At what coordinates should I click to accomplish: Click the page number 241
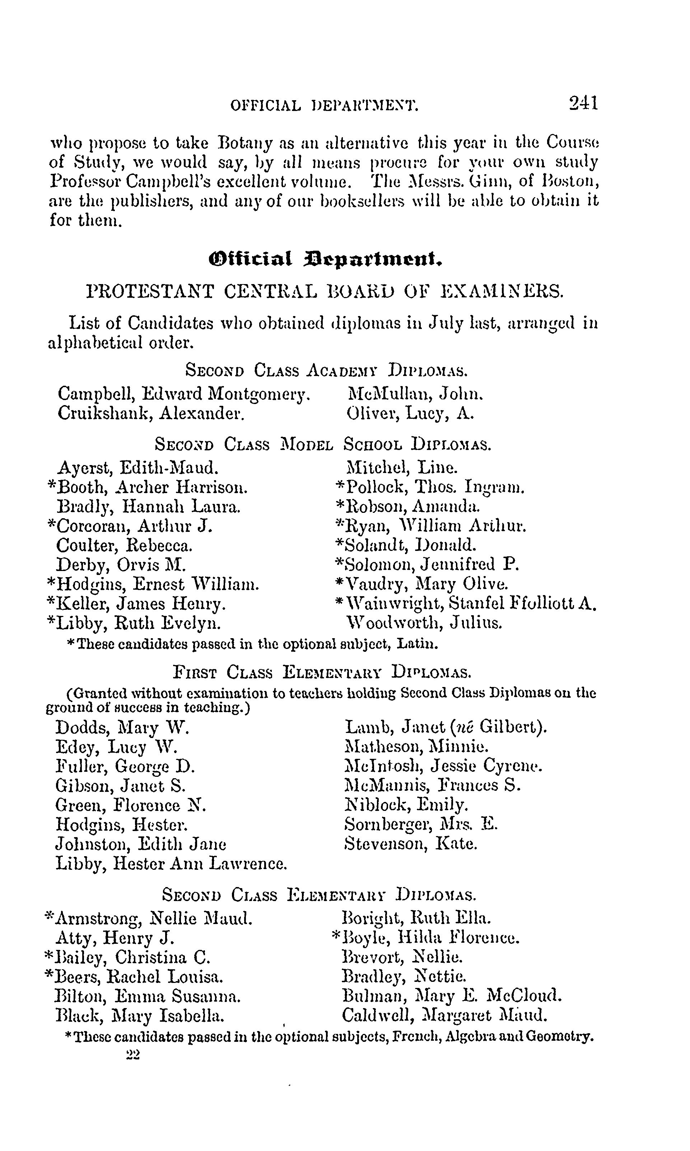[x=583, y=102]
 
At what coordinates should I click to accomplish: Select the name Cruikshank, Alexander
[x=151, y=413]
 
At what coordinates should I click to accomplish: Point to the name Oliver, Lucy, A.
[x=410, y=413]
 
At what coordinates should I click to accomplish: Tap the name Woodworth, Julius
[x=424, y=623]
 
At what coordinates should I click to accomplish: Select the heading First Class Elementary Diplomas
[x=322, y=672]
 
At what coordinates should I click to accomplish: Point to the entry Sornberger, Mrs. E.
[x=421, y=824]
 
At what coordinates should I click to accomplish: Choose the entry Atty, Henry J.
[x=115, y=938]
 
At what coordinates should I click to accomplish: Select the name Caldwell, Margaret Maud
[x=444, y=1015]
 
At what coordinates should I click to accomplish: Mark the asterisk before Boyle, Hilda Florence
[x=336, y=936]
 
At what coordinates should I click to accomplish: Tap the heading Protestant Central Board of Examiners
[x=325, y=292]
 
